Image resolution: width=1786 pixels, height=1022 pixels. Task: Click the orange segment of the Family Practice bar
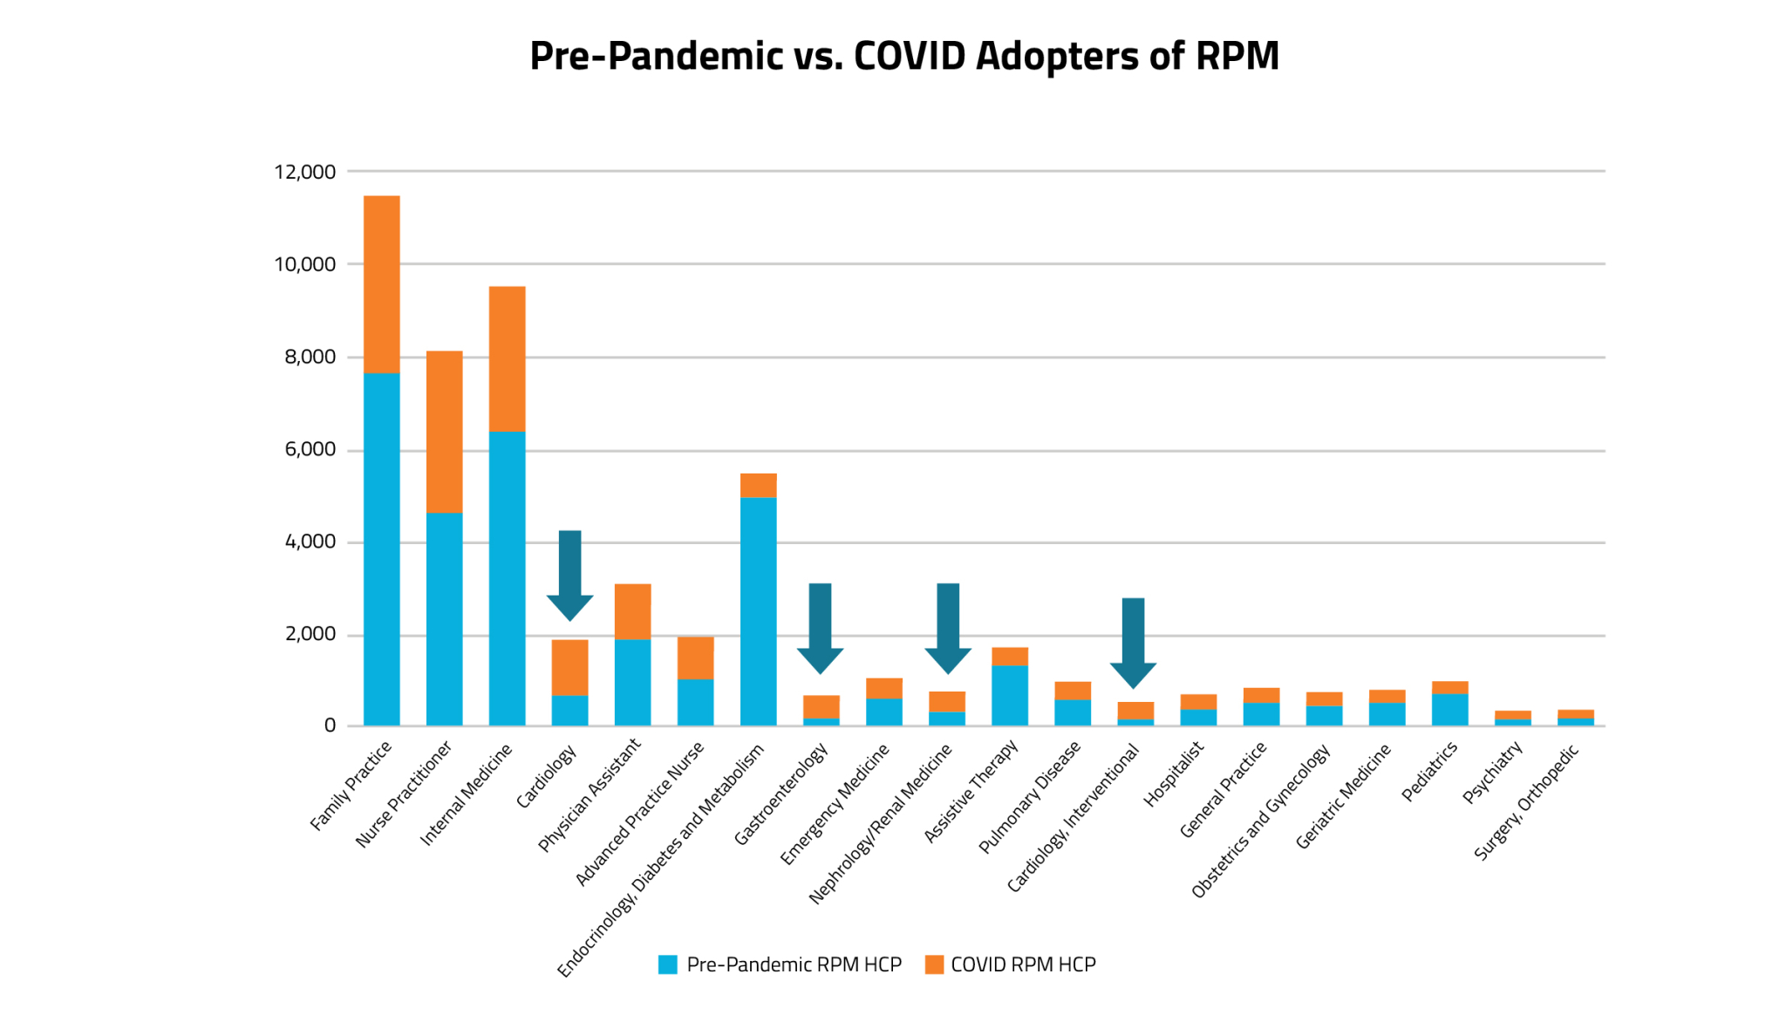point(381,284)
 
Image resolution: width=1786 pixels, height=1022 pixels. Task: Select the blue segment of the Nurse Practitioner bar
point(444,619)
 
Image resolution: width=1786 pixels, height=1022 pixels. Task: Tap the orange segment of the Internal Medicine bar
point(507,358)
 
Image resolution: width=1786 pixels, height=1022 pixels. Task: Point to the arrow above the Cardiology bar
point(569,576)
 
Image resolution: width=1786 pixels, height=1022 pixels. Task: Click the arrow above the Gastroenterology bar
point(820,628)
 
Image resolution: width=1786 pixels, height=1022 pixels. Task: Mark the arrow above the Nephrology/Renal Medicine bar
point(948,628)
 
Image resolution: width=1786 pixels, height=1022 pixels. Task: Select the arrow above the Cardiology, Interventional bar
point(1133,643)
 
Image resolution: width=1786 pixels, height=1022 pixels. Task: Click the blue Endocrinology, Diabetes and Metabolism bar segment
point(758,610)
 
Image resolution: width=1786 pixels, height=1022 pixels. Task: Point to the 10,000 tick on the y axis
point(304,264)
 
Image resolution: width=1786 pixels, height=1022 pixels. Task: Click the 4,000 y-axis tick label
point(310,542)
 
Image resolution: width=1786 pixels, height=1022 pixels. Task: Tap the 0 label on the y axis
point(330,726)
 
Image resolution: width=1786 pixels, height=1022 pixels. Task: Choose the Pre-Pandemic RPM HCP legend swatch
point(668,964)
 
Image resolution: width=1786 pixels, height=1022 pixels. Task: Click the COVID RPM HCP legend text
point(1023,964)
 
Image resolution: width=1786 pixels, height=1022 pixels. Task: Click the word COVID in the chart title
point(910,56)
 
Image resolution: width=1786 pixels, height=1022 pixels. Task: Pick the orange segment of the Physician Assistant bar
point(632,611)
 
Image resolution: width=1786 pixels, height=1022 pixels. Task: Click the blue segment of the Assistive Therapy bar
point(1010,695)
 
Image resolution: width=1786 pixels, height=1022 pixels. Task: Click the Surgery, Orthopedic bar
point(1576,719)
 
